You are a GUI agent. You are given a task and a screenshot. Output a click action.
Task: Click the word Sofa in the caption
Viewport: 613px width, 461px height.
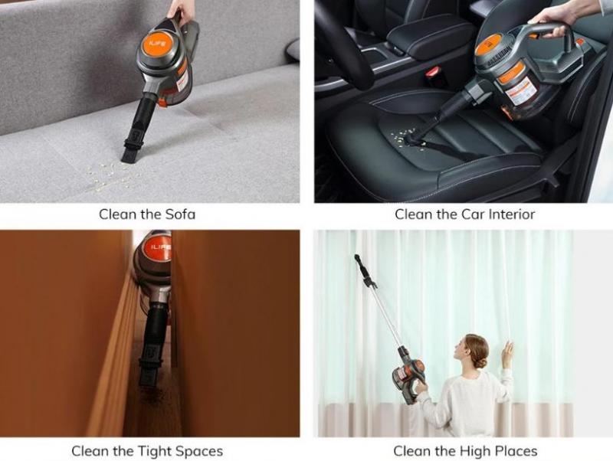180,214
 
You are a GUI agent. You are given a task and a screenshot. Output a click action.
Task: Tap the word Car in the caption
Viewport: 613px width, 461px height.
470,214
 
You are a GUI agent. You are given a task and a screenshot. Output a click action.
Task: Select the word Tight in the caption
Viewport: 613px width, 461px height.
154,451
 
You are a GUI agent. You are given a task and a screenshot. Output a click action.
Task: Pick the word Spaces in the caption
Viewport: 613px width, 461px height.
199,451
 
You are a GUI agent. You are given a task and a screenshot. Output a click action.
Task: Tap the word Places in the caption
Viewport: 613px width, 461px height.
516,451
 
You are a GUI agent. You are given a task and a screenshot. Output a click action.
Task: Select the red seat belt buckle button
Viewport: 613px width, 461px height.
433,72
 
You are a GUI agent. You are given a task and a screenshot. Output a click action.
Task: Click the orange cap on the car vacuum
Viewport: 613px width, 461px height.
488,44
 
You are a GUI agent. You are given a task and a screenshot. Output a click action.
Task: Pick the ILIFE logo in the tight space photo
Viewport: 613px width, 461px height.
161,248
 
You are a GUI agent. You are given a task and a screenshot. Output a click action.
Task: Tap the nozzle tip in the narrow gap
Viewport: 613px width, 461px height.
147,378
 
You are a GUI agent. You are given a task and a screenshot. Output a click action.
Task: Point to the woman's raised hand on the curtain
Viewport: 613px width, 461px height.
507,354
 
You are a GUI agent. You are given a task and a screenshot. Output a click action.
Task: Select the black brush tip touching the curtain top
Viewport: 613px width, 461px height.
358,259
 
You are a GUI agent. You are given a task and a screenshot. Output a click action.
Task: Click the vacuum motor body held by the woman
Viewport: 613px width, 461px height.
408,376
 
